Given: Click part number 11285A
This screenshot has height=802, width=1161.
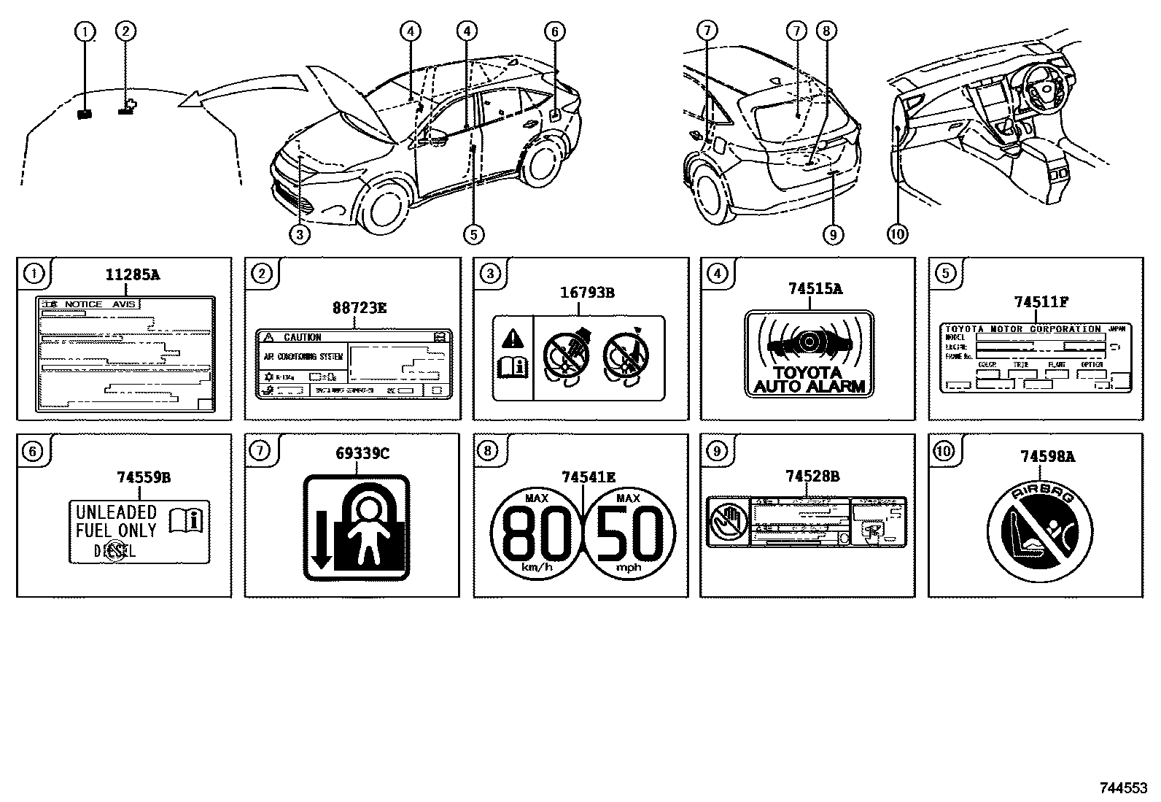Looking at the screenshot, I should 133,275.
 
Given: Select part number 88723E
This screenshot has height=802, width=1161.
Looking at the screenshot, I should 360,308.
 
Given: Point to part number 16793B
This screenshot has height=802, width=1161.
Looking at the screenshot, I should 587,293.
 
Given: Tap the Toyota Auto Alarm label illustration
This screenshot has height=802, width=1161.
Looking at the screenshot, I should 809,354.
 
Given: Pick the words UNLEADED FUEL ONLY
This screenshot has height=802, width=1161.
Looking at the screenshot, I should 117,521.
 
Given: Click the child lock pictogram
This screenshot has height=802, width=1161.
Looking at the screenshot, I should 356,527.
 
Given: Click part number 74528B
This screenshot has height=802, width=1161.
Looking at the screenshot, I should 812,477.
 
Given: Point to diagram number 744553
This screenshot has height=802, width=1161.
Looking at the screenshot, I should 1123,789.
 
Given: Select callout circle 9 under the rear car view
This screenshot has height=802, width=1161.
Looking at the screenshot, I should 832,234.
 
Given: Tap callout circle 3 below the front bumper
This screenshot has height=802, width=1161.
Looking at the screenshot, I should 300,234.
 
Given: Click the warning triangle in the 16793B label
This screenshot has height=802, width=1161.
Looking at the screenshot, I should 513,338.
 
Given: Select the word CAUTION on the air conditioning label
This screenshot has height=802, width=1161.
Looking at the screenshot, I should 302,337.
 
